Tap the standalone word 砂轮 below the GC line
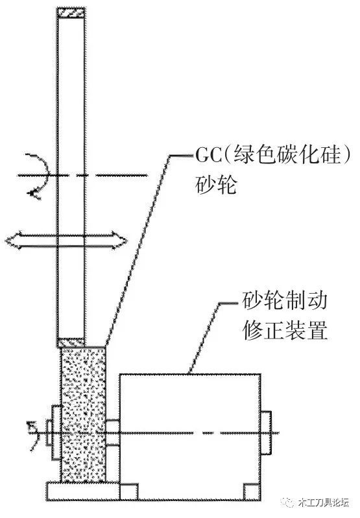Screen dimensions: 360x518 point(216,185)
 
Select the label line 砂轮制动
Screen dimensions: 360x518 point(284,301)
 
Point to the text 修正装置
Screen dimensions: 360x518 point(284,330)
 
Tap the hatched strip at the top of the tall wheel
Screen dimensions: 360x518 point(71,12)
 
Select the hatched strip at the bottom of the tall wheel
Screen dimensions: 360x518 point(71,342)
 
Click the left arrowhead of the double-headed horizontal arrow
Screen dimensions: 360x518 point(12,240)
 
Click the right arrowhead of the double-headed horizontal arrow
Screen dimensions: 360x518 point(119,240)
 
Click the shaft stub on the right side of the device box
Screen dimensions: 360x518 point(267,432)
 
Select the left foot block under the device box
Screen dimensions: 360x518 point(129,492)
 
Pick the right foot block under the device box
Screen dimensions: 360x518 point(252,492)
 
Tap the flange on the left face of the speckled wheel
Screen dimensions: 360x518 point(56,432)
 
